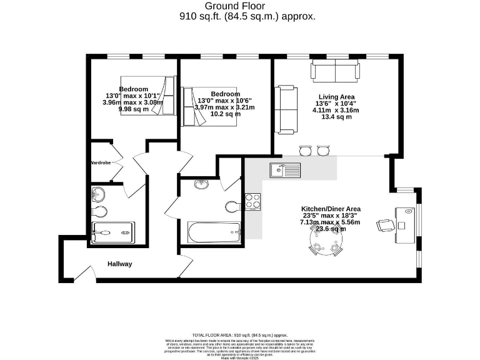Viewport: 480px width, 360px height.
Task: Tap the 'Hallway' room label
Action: tap(119, 264)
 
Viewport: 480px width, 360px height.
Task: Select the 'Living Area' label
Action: tap(336, 96)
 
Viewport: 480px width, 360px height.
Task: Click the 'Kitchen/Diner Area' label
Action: tap(331, 209)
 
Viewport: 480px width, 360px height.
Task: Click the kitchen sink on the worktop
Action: tap(284, 169)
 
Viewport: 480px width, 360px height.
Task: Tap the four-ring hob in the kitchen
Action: tap(252, 201)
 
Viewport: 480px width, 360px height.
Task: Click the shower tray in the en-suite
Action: tap(112, 232)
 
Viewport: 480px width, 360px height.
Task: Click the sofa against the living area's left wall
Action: tap(287, 109)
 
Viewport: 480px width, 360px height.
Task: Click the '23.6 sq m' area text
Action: tap(331, 229)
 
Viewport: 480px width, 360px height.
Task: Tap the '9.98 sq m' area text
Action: tap(134, 109)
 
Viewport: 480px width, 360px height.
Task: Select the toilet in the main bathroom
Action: tap(232, 206)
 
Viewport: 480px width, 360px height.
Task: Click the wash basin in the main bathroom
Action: tap(202, 184)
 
